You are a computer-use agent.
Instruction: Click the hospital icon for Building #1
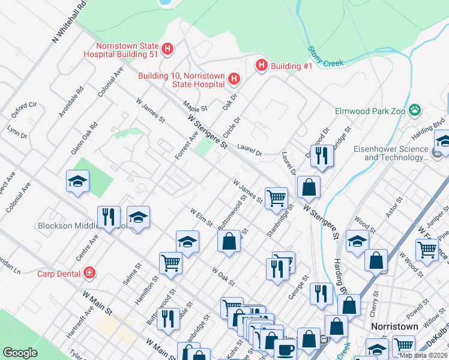261,65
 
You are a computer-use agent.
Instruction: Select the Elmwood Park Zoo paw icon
414,110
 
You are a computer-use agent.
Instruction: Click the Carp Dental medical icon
89,273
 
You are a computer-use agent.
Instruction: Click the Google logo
20,353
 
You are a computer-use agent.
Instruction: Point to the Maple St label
195,106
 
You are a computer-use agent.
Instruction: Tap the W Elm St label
201,217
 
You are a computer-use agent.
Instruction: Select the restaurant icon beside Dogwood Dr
322,155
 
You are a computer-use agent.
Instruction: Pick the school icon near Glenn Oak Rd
77,181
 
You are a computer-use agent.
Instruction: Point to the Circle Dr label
232,128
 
